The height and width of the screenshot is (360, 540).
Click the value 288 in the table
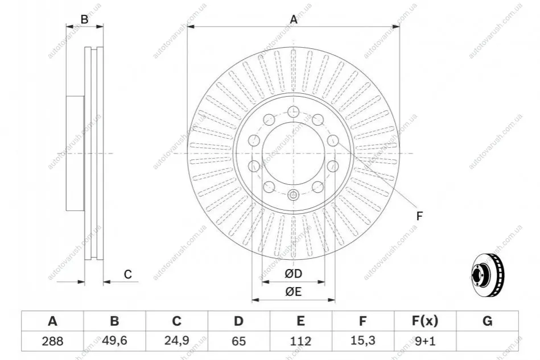coord(53,341)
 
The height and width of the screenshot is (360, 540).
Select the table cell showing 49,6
coord(115,341)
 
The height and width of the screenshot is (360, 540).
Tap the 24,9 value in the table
coord(176,341)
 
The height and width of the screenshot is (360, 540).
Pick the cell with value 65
coord(238,341)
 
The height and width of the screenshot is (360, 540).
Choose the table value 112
coord(300,341)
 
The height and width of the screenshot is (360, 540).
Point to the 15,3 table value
coord(362,341)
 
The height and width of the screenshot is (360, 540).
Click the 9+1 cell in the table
coord(425,341)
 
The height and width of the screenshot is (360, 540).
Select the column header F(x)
coord(425,321)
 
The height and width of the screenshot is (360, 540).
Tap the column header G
coord(487,321)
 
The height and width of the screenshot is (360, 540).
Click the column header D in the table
coord(238,321)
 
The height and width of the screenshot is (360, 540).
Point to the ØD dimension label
coord(294,274)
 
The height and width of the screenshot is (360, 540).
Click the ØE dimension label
coord(294,292)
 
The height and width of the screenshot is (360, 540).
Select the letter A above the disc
coord(294,19)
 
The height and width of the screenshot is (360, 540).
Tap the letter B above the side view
coord(84,19)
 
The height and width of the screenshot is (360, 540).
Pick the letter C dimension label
coord(128,274)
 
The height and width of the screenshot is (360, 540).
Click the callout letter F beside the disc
coord(419,216)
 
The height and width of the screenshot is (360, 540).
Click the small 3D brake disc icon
coord(487,275)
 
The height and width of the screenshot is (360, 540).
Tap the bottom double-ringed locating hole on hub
coord(293,195)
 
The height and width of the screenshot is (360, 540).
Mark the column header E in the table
coord(300,321)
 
